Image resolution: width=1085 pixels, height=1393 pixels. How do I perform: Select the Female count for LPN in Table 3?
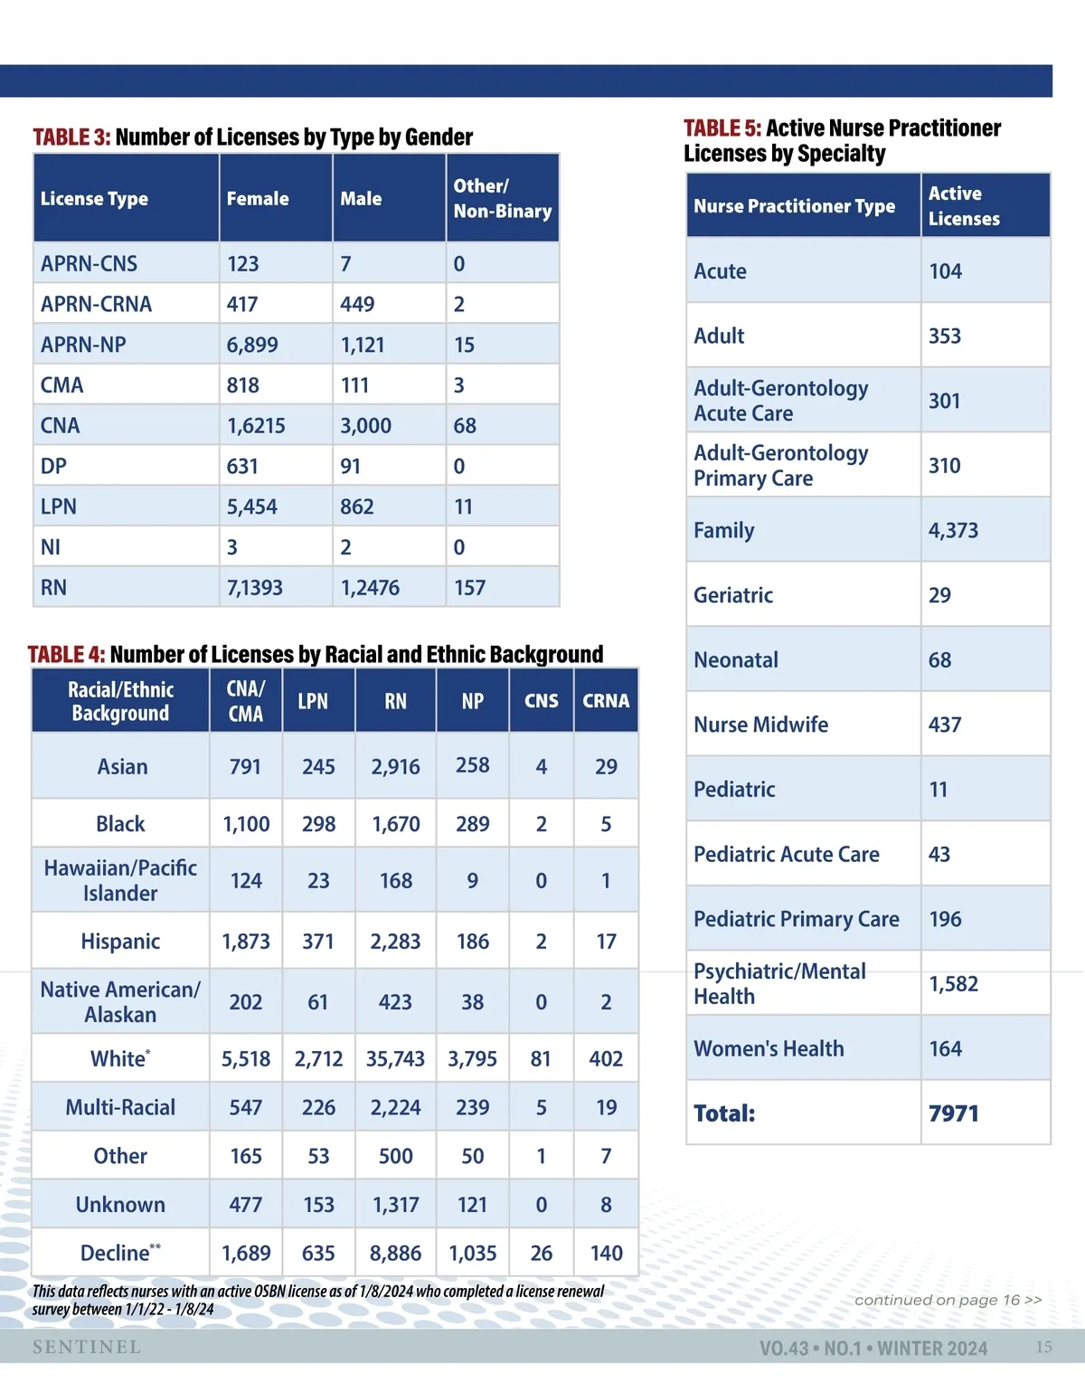252,507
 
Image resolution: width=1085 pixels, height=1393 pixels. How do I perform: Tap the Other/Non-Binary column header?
502,199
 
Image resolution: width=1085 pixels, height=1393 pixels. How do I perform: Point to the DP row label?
54,467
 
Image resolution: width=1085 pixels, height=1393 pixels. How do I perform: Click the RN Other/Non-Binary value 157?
470,589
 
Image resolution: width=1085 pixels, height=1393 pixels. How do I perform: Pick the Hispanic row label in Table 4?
120,942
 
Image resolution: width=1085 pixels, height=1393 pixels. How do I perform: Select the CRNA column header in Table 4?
606,701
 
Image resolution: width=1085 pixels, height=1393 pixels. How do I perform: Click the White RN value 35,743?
395,1059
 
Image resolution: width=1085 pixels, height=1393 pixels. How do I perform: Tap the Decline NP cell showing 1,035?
473,1254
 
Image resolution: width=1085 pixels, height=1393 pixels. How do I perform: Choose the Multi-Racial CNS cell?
541,1108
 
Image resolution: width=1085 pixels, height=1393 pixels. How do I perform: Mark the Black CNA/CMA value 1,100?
246,825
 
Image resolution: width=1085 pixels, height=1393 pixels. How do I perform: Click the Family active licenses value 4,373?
953,531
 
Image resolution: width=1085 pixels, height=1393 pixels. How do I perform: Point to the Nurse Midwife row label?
760,725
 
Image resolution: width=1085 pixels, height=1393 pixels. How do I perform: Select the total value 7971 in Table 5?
953,1113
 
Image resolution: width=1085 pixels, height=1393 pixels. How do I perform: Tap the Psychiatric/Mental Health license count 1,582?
953,984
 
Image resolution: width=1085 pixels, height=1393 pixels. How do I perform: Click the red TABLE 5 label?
722,129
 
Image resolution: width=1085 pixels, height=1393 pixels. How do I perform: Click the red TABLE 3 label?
71,137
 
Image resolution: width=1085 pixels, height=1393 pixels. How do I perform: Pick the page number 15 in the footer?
1043,1348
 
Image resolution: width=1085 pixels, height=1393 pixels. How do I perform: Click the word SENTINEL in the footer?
87,1348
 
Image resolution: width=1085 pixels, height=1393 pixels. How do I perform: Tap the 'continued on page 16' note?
948,1301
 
